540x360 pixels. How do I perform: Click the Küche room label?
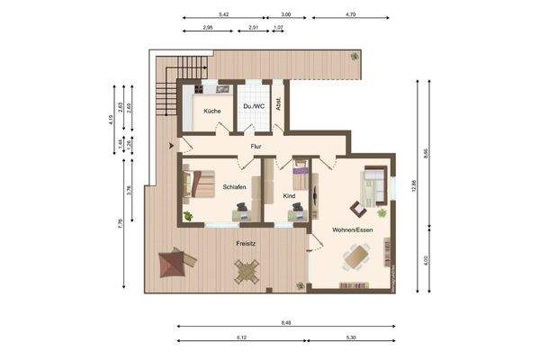click(x=211, y=111)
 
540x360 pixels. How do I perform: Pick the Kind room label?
click(x=289, y=195)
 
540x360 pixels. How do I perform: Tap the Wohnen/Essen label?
click(x=353, y=231)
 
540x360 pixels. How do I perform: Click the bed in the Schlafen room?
click(x=199, y=184)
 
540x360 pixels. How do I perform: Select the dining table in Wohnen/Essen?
click(x=356, y=259)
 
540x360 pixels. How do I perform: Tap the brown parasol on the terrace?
click(x=176, y=265)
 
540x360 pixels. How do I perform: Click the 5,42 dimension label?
click(x=223, y=15)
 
